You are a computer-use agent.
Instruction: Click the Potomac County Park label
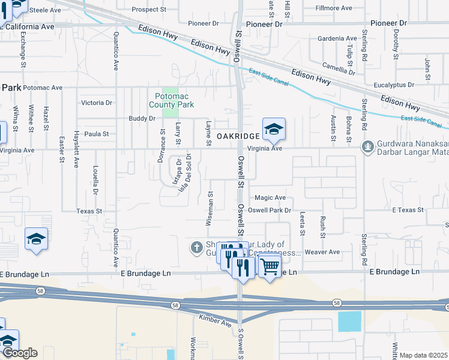pos(174,100)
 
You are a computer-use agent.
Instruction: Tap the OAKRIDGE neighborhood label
pos(238,137)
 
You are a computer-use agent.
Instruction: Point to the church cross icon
pos(196,247)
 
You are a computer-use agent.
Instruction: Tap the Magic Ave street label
pos(270,197)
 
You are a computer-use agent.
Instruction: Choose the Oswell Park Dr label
pos(270,211)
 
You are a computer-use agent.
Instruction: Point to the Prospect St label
pos(149,10)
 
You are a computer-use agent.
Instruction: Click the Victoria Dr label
pos(97,103)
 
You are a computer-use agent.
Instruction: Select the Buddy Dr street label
pos(142,119)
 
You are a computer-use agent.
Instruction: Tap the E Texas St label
pos(408,210)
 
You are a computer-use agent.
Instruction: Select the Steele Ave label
pos(46,10)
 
